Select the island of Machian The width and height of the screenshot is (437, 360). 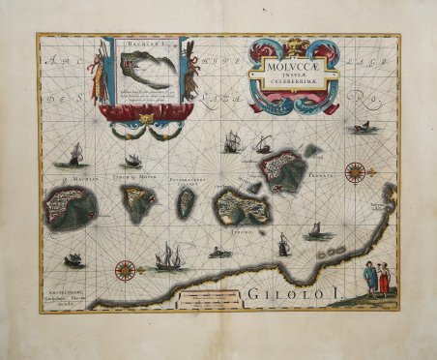(x=72, y=207)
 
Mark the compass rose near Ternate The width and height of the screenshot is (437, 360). (x=355, y=173)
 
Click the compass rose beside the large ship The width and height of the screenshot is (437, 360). (x=125, y=271)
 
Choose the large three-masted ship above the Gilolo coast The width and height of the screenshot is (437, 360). (x=168, y=256)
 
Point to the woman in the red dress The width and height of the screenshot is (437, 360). (x=384, y=282)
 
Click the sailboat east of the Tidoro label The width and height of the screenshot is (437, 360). (x=312, y=232)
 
